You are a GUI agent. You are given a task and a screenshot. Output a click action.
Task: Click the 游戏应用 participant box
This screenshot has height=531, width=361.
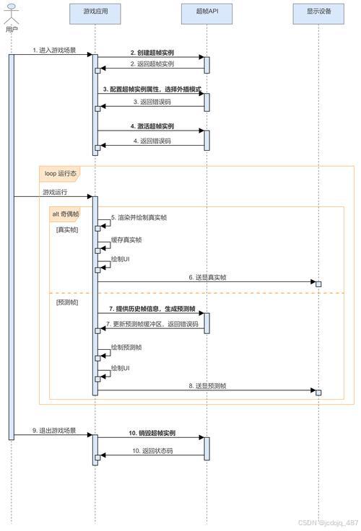pos(95,12)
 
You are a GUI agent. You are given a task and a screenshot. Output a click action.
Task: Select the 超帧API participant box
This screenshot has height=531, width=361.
pos(207,12)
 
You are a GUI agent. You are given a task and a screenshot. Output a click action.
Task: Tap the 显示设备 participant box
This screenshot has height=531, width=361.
pos(318,12)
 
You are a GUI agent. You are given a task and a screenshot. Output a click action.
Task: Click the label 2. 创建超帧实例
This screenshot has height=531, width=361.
pos(152,53)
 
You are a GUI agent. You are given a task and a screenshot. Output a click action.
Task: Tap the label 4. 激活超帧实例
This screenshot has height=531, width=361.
pos(152,126)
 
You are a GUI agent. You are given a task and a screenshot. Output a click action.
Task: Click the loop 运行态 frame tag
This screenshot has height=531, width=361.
pos(60,173)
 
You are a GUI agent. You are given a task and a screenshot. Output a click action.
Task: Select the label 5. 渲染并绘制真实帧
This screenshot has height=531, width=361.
pos(139,217)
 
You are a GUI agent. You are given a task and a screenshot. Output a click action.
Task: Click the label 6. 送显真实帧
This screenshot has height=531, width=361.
pos(208,277)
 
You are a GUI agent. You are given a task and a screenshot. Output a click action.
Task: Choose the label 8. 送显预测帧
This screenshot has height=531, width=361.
pos(208,387)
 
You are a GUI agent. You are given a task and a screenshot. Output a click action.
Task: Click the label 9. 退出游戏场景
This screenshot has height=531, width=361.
pos(54,430)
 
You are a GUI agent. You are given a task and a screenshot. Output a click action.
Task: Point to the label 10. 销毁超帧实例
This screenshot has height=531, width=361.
pos(152,433)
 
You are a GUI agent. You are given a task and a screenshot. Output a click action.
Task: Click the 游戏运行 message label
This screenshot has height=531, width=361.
pos(56,192)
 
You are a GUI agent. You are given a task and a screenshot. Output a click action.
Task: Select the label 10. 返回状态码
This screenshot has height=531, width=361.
pos(152,451)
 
